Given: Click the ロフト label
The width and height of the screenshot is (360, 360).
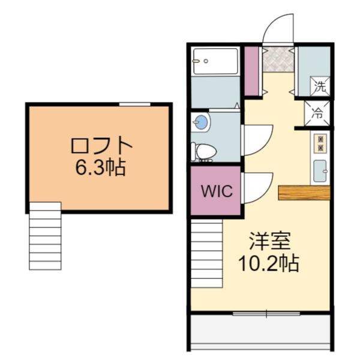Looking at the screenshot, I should click(x=100, y=146).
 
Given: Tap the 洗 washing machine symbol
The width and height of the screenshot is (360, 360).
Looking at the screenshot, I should click(x=320, y=86).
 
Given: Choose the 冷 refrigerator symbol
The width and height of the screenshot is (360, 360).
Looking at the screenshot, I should click(x=319, y=112).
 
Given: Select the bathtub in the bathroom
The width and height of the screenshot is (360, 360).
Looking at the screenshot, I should click(x=215, y=61).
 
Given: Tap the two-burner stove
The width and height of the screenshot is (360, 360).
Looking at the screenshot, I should click(x=320, y=142).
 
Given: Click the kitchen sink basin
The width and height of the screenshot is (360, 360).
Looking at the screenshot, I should click(x=320, y=170).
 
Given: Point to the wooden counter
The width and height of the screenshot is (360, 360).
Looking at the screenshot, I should click(x=304, y=193).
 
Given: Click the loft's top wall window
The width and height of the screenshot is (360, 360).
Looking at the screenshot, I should click(x=134, y=104).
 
